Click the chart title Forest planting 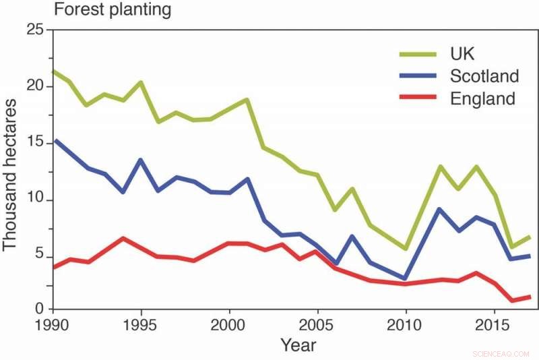112,10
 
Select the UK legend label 464,53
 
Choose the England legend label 482,98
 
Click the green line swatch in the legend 418,53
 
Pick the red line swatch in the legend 418,98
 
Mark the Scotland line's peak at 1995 141,160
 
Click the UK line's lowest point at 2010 405,248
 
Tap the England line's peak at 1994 123,238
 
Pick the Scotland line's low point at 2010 405,278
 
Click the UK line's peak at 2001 247,100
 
